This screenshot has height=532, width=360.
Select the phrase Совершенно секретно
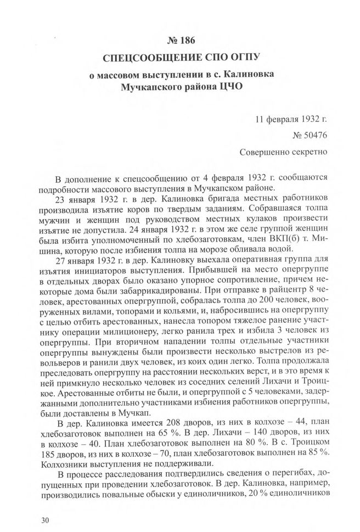coord(284,149)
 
